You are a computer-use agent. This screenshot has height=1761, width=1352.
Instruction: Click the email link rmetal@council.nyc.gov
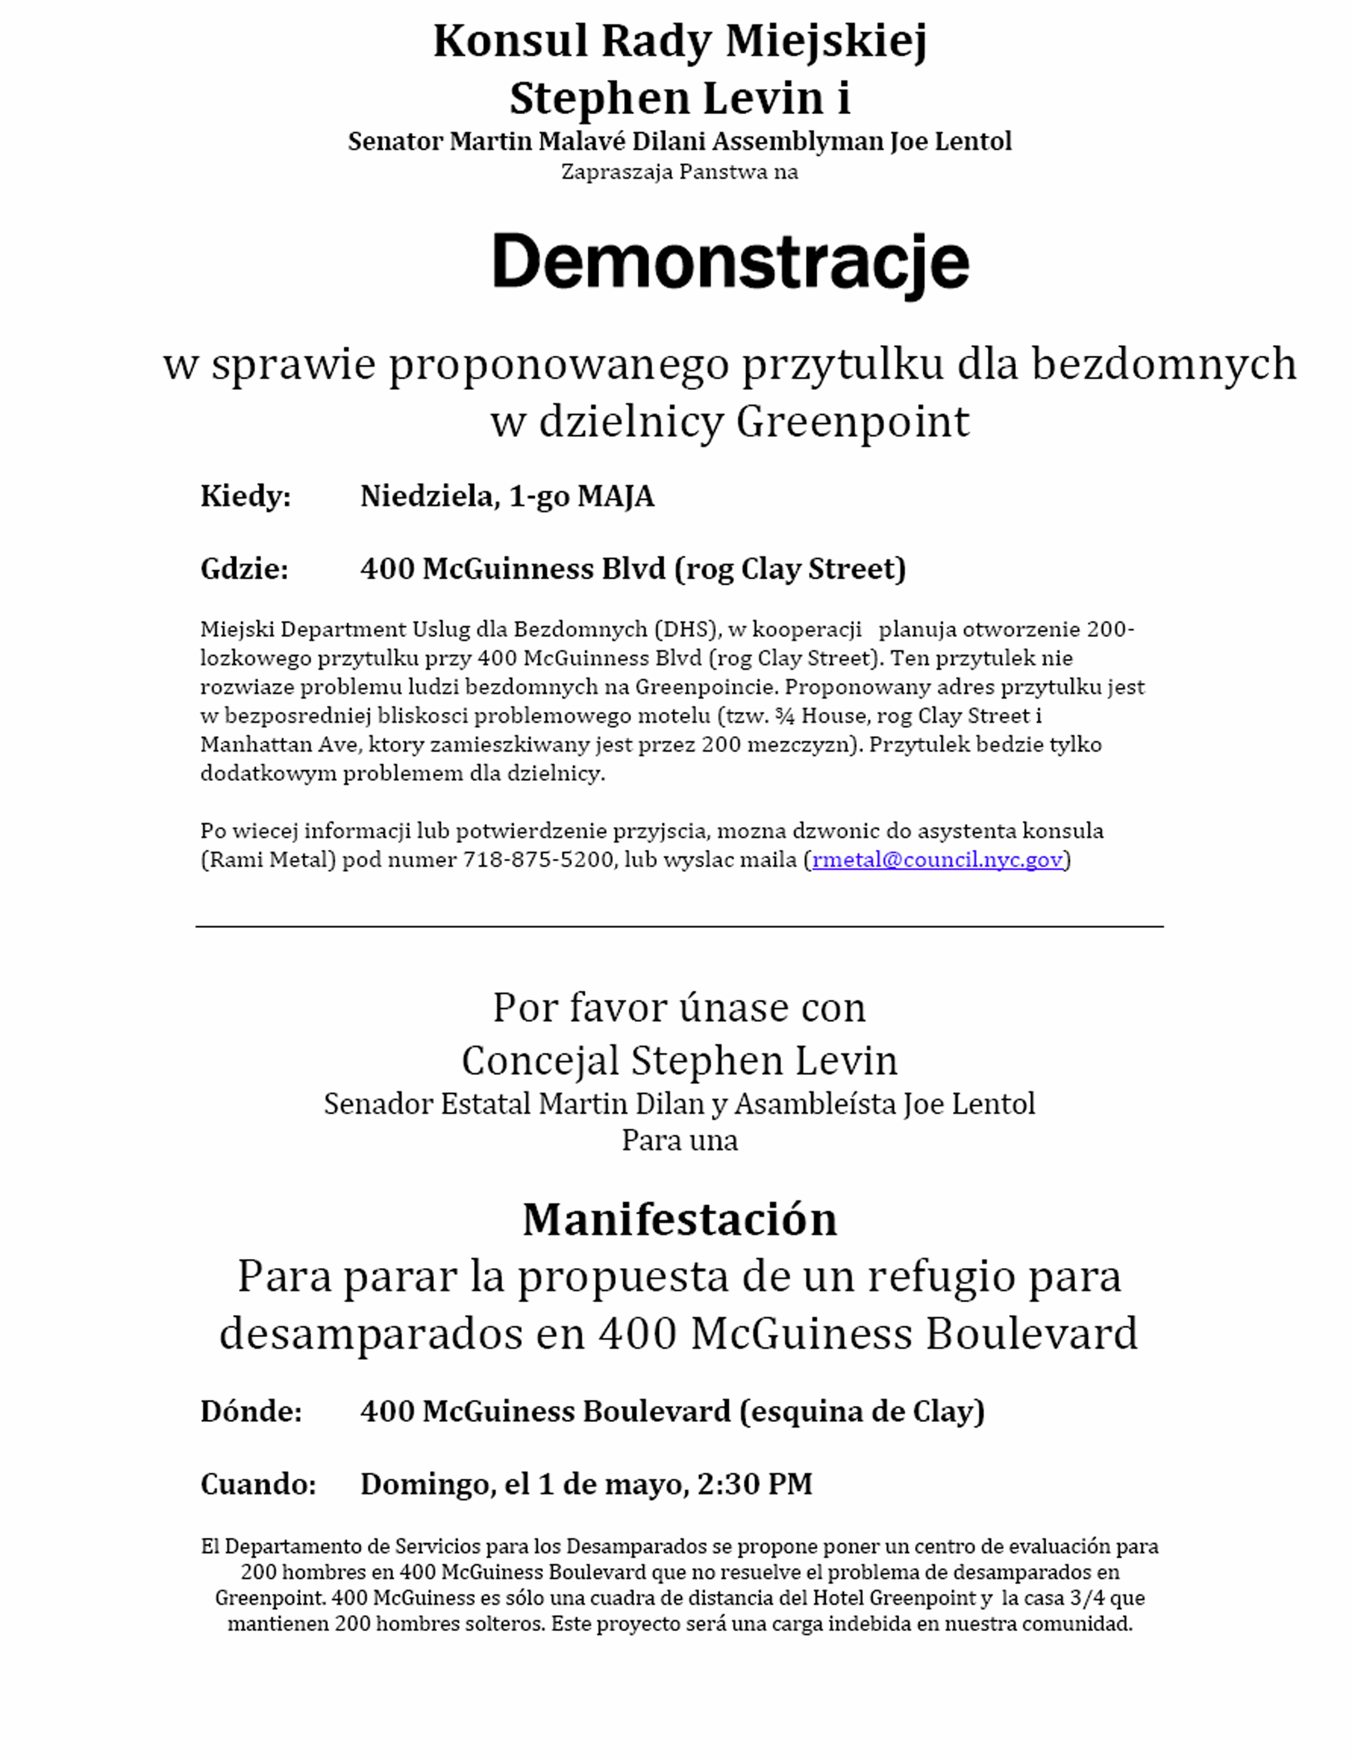(x=938, y=860)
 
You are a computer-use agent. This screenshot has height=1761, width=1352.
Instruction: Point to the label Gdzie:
(x=244, y=569)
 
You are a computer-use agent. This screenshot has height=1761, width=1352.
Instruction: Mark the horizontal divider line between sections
(x=679, y=927)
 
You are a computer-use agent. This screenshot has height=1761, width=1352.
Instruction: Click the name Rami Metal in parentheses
(x=268, y=860)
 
